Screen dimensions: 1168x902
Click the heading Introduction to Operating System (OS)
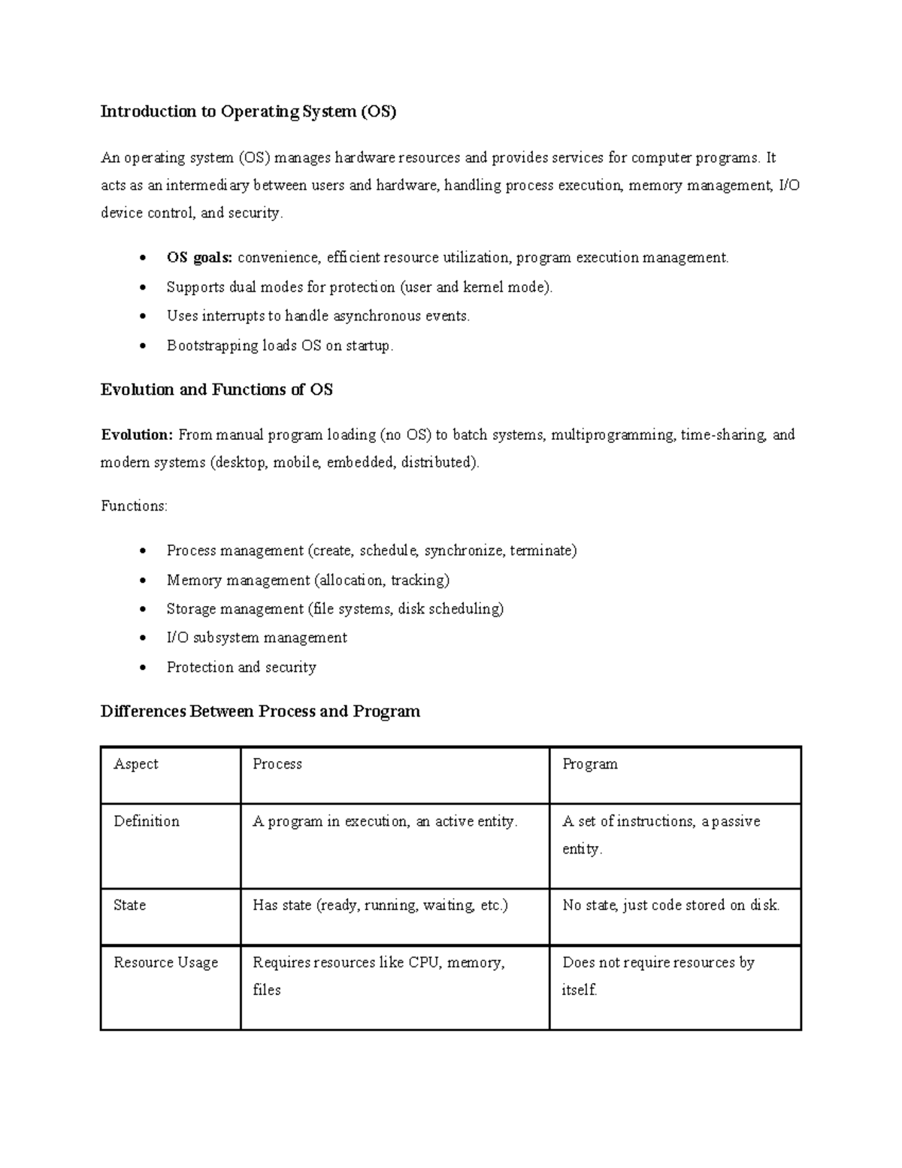pyautogui.click(x=248, y=112)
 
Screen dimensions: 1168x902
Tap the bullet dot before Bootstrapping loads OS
pyautogui.click(x=142, y=347)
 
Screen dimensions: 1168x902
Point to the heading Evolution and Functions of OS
pyautogui.click(x=216, y=390)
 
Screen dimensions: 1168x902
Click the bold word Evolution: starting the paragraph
pyautogui.click(x=138, y=435)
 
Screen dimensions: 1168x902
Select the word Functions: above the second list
pyautogui.click(x=134, y=506)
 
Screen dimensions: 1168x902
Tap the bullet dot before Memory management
pyautogui.click(x=142, y=581)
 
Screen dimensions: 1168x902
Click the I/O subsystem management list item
pyautogui.click(x=256, y=638)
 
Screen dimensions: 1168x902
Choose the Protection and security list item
pyautogui.click(x=241, y=667)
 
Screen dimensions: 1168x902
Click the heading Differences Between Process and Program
pyautogui.click(x=260, y=711)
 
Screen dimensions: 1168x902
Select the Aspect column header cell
pyautogui.click(x=136, y=764)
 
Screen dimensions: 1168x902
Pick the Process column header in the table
pyautogui.click(x=277, y=764)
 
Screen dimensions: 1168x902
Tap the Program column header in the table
pyautogui.click(x=590, y=764)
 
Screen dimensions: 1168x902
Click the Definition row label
pyautogui.click(x=147, y=821)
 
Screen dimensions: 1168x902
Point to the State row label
pyautogui.click(x=130, y=906)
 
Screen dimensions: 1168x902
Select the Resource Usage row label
pyautogui.click(x=166, y=963)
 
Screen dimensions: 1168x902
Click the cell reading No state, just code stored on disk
pyautogui.click(x=670, y=906)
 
